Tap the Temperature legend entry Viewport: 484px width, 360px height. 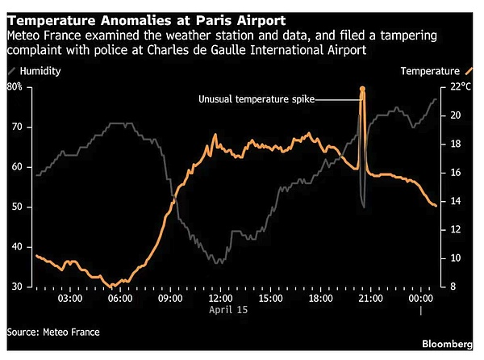[x=432, y=71]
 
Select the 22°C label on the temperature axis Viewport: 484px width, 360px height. [x=459, y=86]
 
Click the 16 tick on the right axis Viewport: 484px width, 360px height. [x=455, y=173]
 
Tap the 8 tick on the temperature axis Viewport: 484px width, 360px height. [x=453, y=287]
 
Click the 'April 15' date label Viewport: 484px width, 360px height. [x=231, y=309]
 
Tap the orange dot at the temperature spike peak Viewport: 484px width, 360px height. [x=362, y=89]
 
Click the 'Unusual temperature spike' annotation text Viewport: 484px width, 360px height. [x=257, y=99]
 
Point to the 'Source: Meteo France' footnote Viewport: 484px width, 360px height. [x=54, y=331]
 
